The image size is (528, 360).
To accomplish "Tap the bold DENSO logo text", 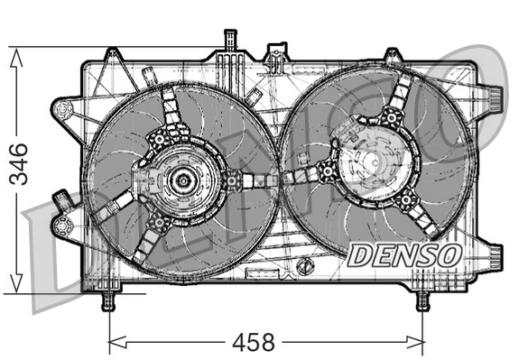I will [404, 254].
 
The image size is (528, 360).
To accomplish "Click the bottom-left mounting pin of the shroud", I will [108, 300].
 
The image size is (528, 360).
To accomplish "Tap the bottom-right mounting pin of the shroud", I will [421, 300].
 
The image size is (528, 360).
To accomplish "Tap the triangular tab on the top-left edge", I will [112, 57].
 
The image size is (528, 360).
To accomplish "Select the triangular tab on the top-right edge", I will [390, 56].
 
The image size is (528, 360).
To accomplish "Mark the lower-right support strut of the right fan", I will [417, 217].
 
